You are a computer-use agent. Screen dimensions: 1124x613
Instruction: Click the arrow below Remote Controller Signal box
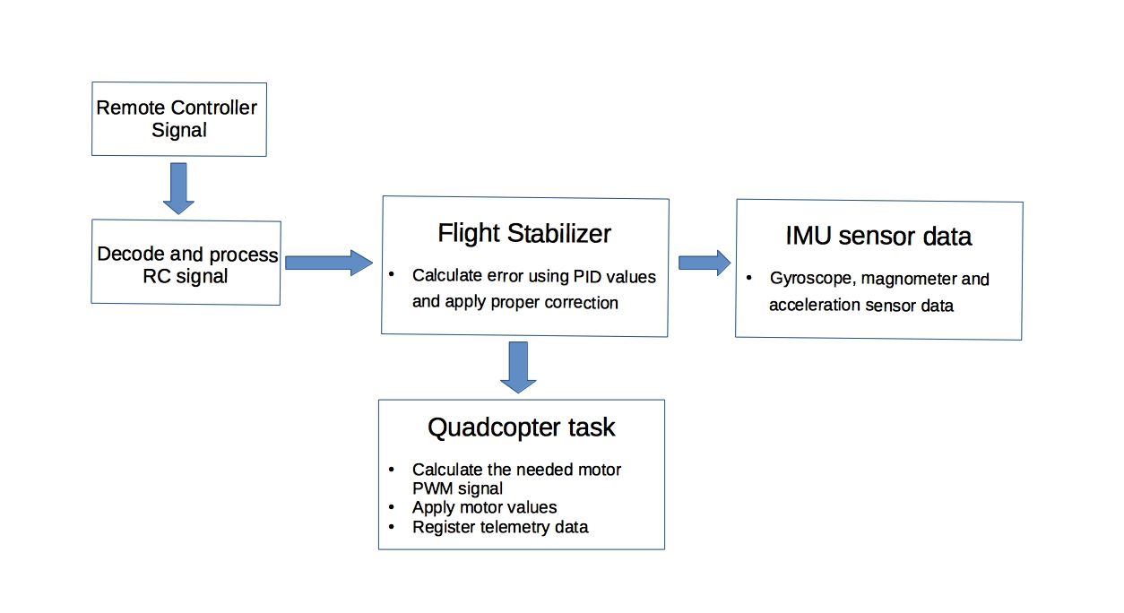tap(178, 188)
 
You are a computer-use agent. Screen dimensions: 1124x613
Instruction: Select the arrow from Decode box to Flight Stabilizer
tap(329, 263)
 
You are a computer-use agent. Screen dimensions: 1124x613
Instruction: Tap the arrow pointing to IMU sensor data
tap(705, 263)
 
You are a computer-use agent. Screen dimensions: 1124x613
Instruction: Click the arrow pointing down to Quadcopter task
tap(518, 367)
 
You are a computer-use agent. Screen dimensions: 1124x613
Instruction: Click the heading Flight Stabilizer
tap(524, 233)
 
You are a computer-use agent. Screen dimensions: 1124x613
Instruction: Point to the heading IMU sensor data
tap(878, 237)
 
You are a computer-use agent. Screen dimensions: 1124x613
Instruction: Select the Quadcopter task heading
tap(522, 427)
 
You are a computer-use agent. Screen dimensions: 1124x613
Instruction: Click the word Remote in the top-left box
tap(131, 108)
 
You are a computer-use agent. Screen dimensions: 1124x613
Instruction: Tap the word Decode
tap(131, 254)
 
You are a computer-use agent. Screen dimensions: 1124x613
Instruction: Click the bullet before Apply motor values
tap(392, 507)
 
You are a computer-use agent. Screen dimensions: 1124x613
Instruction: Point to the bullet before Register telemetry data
tap(392, 527)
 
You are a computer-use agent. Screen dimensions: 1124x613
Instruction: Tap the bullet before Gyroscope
tap(749, 278)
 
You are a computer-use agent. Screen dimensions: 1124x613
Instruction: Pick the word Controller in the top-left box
tap(213, 108)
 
